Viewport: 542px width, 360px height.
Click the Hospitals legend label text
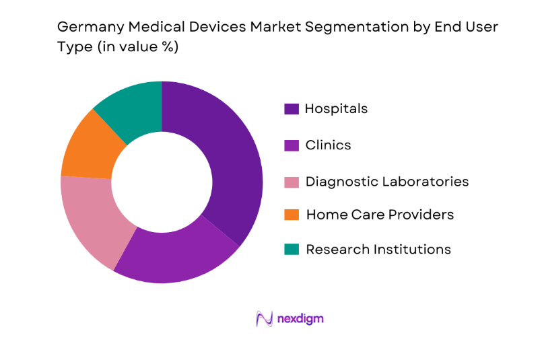click(x=336, y=108)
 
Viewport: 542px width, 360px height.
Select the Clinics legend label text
click(x=328, y=145)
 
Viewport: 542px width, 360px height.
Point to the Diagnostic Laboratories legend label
click(x=387, y=182)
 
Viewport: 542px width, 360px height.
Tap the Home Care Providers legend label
click(x=380, y=215)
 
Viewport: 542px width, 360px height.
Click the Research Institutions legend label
click(x=378, y=249)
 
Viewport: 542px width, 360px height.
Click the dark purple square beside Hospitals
click(x=292, y=109)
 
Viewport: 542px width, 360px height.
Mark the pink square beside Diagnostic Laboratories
click(x=292, y=182)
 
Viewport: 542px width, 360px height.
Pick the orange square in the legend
click(x=292, y=215)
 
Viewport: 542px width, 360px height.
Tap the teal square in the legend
click(x=292, y=250)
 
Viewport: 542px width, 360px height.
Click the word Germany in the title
click(x=87, y=28)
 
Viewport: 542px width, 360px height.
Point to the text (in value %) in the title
click(x=136, y=48)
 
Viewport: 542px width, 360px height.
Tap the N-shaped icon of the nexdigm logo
click(x=264, y=318)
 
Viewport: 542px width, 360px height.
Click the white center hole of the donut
click(x=162, y=182)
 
